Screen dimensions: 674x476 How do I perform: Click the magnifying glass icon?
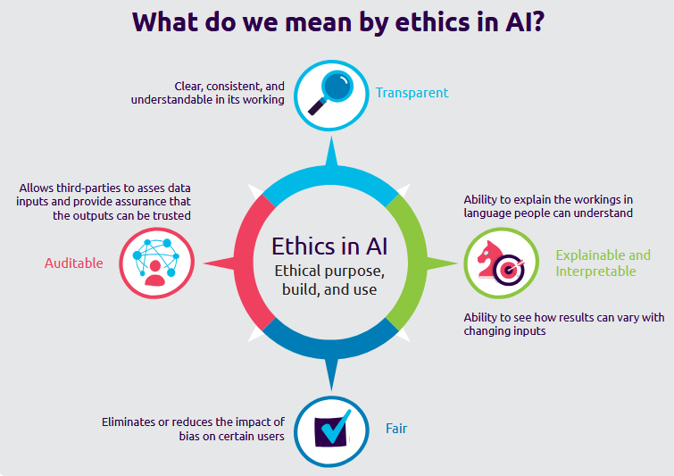pos(330,93)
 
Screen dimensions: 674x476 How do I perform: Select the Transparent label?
pos(412,93)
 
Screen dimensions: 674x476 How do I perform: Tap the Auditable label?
pos(74,263)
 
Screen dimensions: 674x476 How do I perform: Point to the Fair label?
pos(396,429)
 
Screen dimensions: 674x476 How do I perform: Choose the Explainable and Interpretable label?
pos(603,263)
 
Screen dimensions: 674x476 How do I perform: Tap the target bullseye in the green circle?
pos(510,270)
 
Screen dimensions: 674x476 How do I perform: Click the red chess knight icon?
pos(489,259)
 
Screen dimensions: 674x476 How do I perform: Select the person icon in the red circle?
pos(154,273)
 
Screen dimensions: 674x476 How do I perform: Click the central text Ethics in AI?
pos(329,246)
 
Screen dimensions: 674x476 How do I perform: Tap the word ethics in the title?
pos(431,21)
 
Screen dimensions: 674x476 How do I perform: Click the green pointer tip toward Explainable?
pos(457,263)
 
